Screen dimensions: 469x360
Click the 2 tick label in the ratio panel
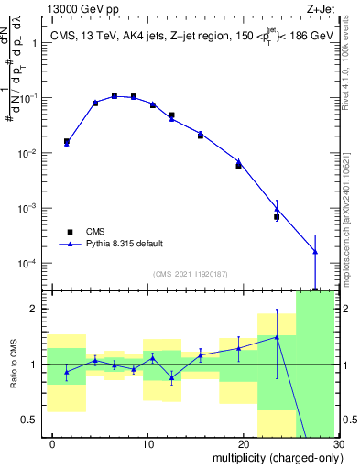click(38, 309)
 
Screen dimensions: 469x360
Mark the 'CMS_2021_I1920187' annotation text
click(191, 274)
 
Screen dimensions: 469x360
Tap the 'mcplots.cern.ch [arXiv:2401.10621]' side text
click(352, 211)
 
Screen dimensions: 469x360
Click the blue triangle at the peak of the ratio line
click(277, 337)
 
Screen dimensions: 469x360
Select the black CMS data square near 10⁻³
click(277, 217)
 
